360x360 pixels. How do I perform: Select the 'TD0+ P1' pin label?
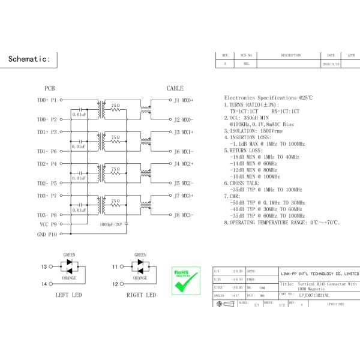[47, 100]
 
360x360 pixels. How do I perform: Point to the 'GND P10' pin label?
[47, 235]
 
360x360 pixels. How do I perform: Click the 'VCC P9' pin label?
[48, 224]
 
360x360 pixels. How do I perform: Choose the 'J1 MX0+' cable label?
[184, 100]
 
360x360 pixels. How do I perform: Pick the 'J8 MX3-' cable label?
[184, 215]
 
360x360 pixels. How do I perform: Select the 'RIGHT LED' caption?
[141, 295]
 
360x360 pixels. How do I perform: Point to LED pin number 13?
[44, 266]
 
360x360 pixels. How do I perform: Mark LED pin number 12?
[115, 283]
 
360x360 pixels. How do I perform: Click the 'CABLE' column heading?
[175, 88]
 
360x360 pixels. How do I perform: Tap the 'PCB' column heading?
[50, 88]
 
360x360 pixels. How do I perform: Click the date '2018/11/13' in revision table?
[331, 63]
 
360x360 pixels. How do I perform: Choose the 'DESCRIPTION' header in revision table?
[290, 55]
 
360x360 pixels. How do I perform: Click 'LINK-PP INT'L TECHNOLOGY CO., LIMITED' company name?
[320, 273]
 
